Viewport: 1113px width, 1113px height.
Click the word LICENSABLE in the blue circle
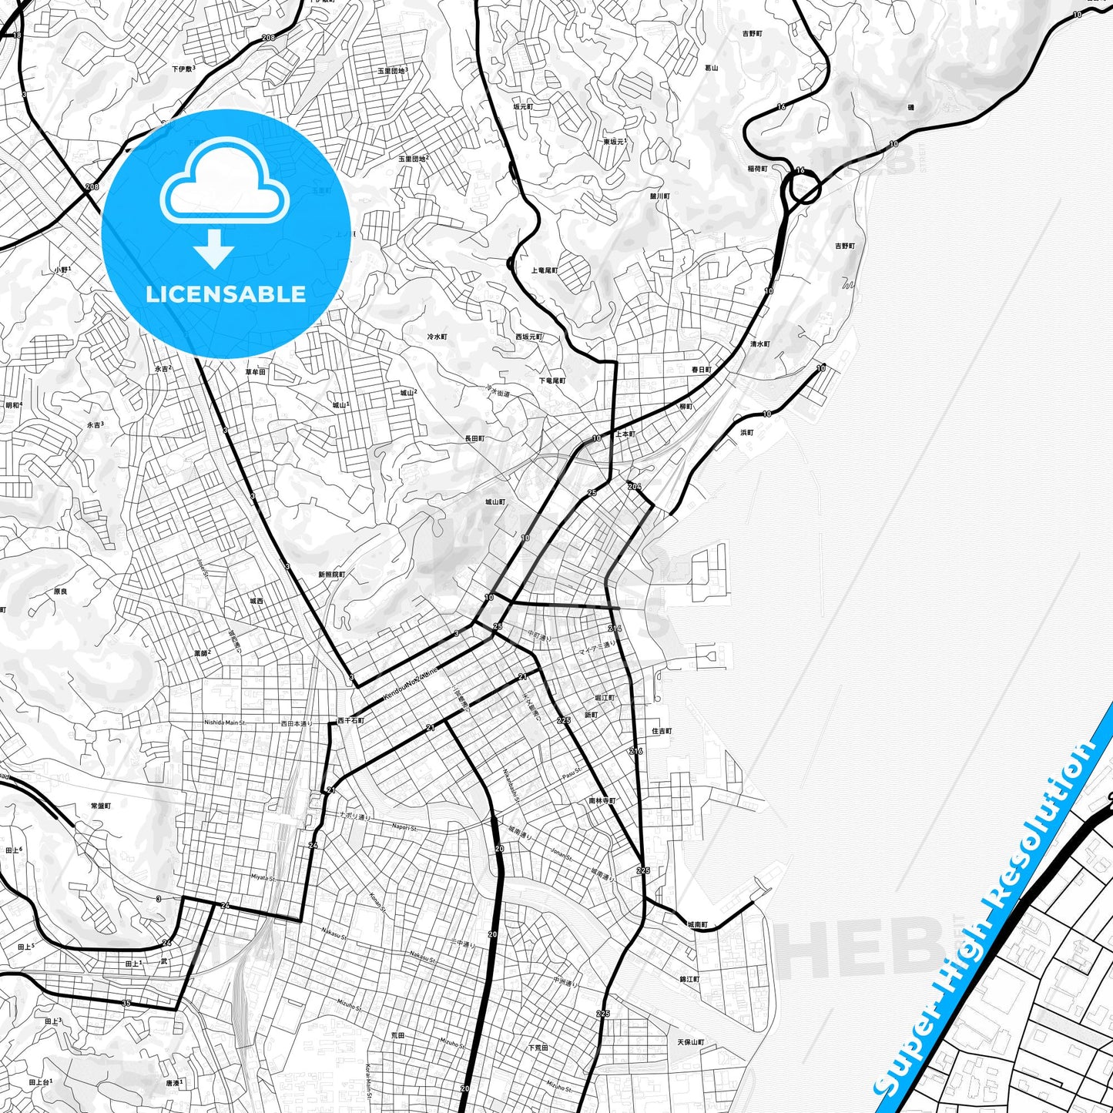226,294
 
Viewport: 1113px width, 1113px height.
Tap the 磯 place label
910,107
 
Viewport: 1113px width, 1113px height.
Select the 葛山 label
711,68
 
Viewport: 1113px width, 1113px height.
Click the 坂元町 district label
523,107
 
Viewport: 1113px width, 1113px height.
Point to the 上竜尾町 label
544,270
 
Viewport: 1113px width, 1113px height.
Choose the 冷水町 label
436,337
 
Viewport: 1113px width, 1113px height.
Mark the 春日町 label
701,370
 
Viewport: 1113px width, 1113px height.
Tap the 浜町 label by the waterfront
747,433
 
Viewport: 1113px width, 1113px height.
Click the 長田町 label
474,438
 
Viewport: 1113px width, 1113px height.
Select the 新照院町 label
331,575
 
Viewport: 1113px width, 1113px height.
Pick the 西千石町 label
350,721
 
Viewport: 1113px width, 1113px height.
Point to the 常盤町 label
101,806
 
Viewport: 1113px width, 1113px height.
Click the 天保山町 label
690,1042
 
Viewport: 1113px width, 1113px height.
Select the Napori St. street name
404,828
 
